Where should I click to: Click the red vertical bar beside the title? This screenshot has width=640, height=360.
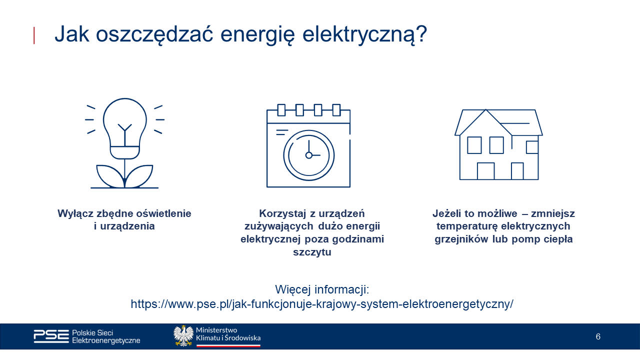pyautogui.click(x=34, y=35)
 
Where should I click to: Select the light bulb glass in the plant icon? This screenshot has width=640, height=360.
pyautogui.click(x=124, y=118)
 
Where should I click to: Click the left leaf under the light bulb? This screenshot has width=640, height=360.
pyautogui.click(x=109, y=176)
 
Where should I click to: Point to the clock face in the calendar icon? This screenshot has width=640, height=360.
pyautogui.click(x=308, y=155)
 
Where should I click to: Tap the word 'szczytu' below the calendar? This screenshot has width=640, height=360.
pyautogui.click(x=312, y=252)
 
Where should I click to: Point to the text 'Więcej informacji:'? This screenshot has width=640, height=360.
pyautogui.click(x=321, y=289)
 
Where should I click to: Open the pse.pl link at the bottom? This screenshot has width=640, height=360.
pyautogui.click(x=321, y=304)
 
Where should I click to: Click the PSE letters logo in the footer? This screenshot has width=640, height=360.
pyautogui.click(x=51, y=336)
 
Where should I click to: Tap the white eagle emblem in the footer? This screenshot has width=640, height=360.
pyautogui.click(x=183, y=335)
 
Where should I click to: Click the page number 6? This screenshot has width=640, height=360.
pyautogui.click(x=598, y=336)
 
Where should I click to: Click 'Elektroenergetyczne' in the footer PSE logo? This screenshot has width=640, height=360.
pyautogui.click(x=106, y=340)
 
